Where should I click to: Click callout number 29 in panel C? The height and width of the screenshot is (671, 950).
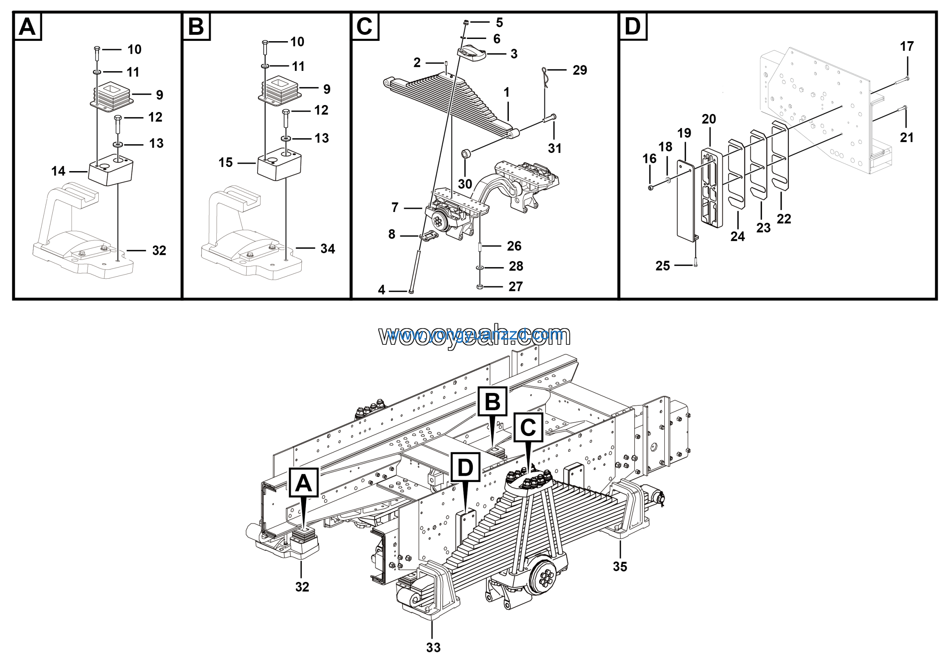coord(579,70)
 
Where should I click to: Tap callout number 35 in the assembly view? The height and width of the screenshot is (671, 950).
coord(620,566)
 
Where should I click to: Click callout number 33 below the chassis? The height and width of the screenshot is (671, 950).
coord(433,647)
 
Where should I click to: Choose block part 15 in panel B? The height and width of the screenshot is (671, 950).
coord(279,166)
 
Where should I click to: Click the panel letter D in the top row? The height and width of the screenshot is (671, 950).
coord(633,26)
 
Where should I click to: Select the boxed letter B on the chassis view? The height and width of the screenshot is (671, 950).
coord(492,401)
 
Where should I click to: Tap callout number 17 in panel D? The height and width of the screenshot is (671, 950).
coord(907,46)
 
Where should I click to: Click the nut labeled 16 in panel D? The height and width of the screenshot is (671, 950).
coord(651,188)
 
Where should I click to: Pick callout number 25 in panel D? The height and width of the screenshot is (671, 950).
coord(662,266)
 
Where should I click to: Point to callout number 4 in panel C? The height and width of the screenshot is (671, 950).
coord(381,290)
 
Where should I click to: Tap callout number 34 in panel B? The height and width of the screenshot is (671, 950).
coord(327,249)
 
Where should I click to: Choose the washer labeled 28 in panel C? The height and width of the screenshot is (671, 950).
coord(479,268)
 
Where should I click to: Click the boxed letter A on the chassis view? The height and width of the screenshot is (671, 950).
coord(303,482)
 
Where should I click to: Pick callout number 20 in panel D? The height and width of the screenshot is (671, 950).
coord(708,119)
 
